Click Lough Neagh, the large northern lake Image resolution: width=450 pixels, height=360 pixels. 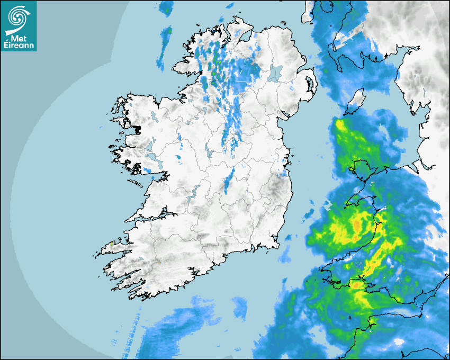(x=276, y=72)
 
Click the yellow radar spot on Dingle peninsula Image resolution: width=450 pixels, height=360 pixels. (x=111, y=244)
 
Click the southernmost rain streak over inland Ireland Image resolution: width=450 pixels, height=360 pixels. (x=228, y=183)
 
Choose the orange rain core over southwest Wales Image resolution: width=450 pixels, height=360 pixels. (x=358, y=285)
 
